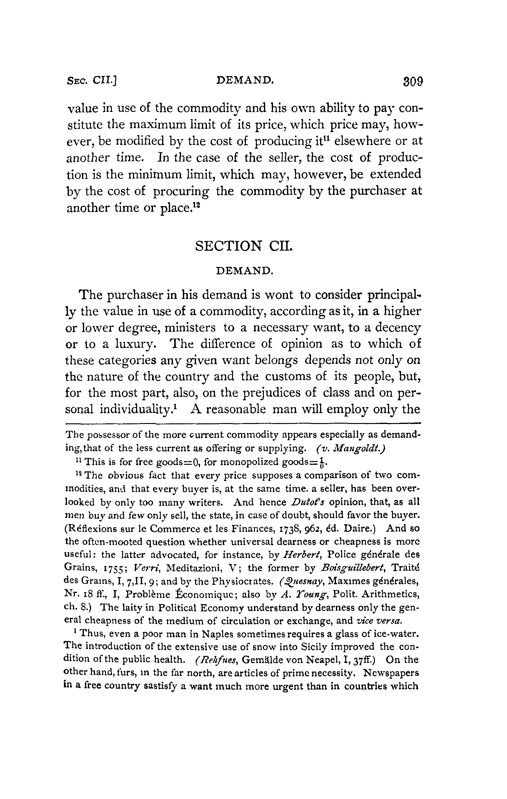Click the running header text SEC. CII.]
93,80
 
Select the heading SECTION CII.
244,246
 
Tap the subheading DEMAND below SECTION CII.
244,271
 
